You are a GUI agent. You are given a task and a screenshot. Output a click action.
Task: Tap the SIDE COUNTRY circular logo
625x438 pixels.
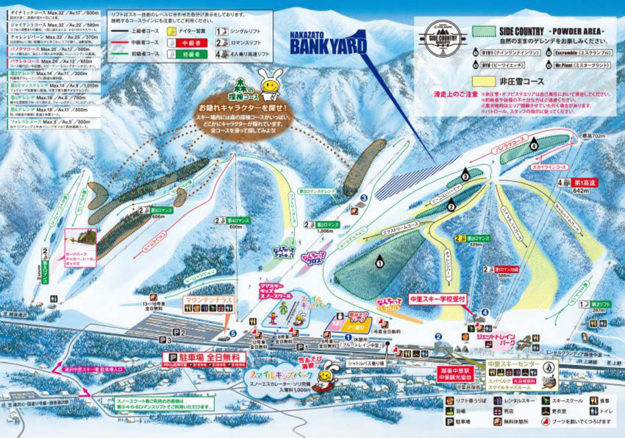(x=443, y=38)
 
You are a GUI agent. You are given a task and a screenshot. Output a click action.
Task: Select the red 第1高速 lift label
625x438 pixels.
(x=585, y=183)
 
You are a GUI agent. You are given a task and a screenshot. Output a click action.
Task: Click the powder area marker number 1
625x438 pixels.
(x=379, y=263)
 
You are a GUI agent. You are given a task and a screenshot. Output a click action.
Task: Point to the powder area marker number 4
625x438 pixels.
(x=533, y=145)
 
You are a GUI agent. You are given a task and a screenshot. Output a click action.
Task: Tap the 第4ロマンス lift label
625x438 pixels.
(x=238, y=220)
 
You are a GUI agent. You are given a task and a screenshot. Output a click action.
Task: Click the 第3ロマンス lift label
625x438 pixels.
(x=327, y=225)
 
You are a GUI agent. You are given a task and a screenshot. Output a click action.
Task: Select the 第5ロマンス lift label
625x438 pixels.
(x=161, y=210)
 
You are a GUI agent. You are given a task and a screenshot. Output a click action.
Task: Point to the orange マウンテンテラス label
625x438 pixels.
(x=208, y=300)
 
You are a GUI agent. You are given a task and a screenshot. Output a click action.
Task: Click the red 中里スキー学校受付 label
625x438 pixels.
(x=438, y=299)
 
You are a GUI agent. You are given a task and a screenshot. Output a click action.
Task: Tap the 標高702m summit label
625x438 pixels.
(x=593, y=136)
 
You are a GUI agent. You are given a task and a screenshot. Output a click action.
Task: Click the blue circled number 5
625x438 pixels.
(x=233, y=333)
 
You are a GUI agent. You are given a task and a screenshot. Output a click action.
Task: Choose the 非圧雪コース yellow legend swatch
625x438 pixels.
(x=483, y=81)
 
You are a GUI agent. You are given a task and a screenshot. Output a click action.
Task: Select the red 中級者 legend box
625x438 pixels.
(x=190, y=43)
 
